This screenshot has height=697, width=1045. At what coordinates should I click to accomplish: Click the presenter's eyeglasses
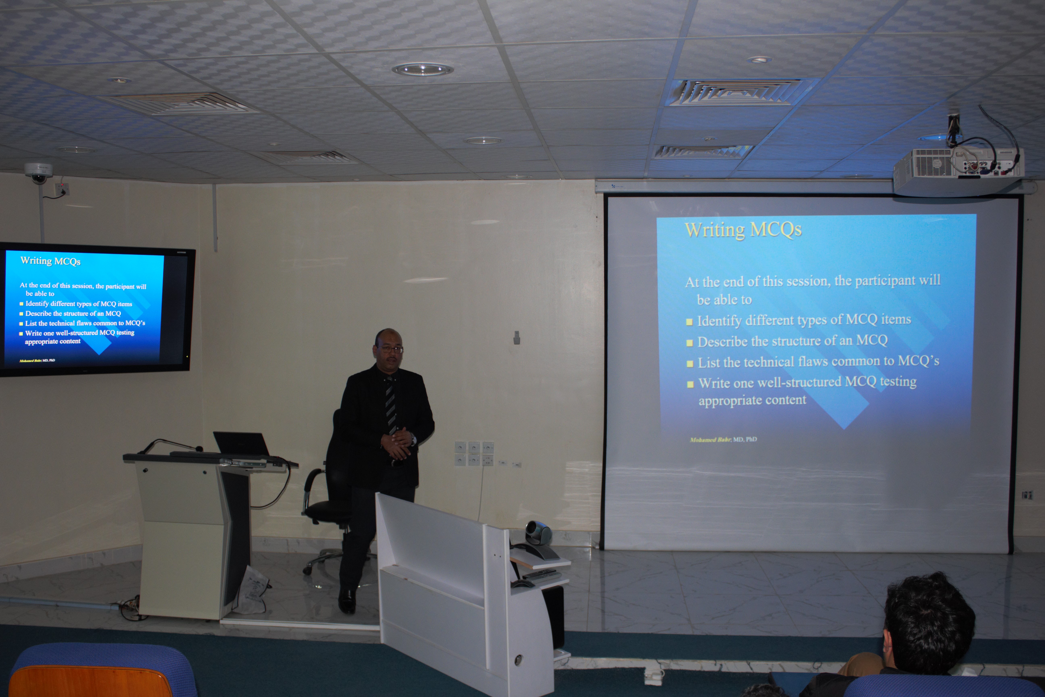point(390,349)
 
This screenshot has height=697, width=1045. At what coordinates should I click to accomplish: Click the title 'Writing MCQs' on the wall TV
point(50,261)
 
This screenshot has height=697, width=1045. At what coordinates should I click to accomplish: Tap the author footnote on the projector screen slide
point(723,440)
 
